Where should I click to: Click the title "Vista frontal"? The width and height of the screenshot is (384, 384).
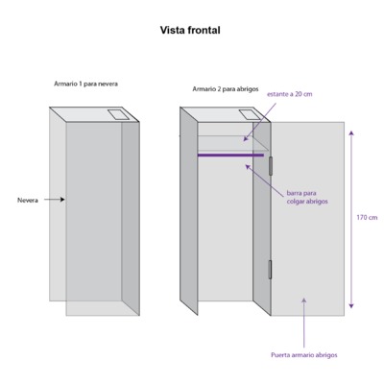[190, 31]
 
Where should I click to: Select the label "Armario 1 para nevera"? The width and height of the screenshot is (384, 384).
[85, 84]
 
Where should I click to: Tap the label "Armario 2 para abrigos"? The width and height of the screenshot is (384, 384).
[226, 89]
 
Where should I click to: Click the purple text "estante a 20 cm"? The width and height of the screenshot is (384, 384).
[290, 94]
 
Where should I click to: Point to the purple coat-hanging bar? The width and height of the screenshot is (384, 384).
[230, 156]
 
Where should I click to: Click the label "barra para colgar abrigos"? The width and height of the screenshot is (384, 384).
[307, 198]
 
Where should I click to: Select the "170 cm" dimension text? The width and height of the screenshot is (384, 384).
[367, 218]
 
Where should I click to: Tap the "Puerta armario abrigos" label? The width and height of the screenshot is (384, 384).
[304, 355]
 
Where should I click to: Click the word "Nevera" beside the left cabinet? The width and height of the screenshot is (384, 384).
[28, 201]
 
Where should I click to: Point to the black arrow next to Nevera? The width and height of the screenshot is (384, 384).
[55, 200]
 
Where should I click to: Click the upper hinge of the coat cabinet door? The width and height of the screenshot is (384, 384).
[271, 166]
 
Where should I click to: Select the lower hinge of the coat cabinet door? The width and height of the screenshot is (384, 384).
[270, 269]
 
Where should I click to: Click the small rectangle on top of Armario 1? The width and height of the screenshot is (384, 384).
[118, 115]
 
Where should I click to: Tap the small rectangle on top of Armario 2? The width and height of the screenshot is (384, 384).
[250, 114]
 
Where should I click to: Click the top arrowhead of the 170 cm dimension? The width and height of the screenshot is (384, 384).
[351, 133]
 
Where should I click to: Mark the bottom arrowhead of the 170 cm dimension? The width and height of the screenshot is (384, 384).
[351, 306]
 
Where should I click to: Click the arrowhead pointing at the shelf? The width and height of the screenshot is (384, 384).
[246, 138]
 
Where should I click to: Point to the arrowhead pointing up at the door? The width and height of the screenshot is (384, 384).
[304, 300]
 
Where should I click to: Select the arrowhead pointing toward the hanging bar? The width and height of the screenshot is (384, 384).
[248, 166]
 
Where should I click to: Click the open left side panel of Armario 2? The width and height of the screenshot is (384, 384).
[189, 211]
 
